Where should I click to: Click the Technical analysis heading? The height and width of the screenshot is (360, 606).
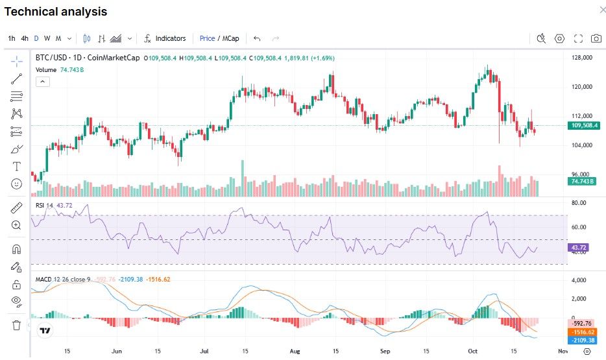[56, 12]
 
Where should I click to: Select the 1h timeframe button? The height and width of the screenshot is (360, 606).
[12, 38]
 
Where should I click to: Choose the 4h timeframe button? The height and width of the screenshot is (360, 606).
[25, 38]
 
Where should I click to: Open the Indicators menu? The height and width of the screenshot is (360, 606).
[165, 38]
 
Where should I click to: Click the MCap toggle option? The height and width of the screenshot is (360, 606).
[231, 38]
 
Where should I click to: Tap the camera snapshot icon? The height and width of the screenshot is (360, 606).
[596, 38]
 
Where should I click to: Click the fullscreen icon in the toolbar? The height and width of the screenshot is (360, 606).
[578, 38]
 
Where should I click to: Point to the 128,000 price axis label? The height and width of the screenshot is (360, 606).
[581, 58]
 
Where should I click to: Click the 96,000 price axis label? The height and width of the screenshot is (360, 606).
[581, 174]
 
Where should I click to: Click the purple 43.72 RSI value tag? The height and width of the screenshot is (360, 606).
[578, 248]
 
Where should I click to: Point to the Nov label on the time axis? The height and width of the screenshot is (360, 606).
[563, 351]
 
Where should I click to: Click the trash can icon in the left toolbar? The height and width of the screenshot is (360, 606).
[17, 325]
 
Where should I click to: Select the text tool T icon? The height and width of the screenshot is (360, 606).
[17, 166]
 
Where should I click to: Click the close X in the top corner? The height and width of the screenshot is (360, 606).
[595, 10]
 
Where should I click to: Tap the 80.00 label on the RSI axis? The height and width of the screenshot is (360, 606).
[578, 202]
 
